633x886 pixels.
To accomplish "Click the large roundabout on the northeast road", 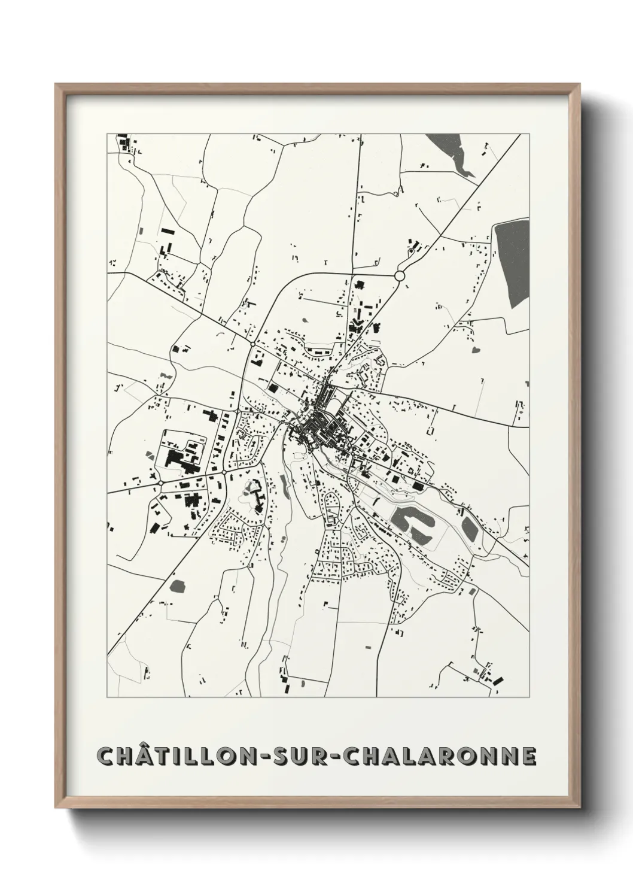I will (x=400, y=275).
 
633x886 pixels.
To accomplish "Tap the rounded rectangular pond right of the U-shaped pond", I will (x=469, y=527).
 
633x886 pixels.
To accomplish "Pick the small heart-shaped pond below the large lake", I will (x=476, y=348).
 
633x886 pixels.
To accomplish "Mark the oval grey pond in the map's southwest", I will (x=177, y=585).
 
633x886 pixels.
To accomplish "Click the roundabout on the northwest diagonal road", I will (x=253, y=343).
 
